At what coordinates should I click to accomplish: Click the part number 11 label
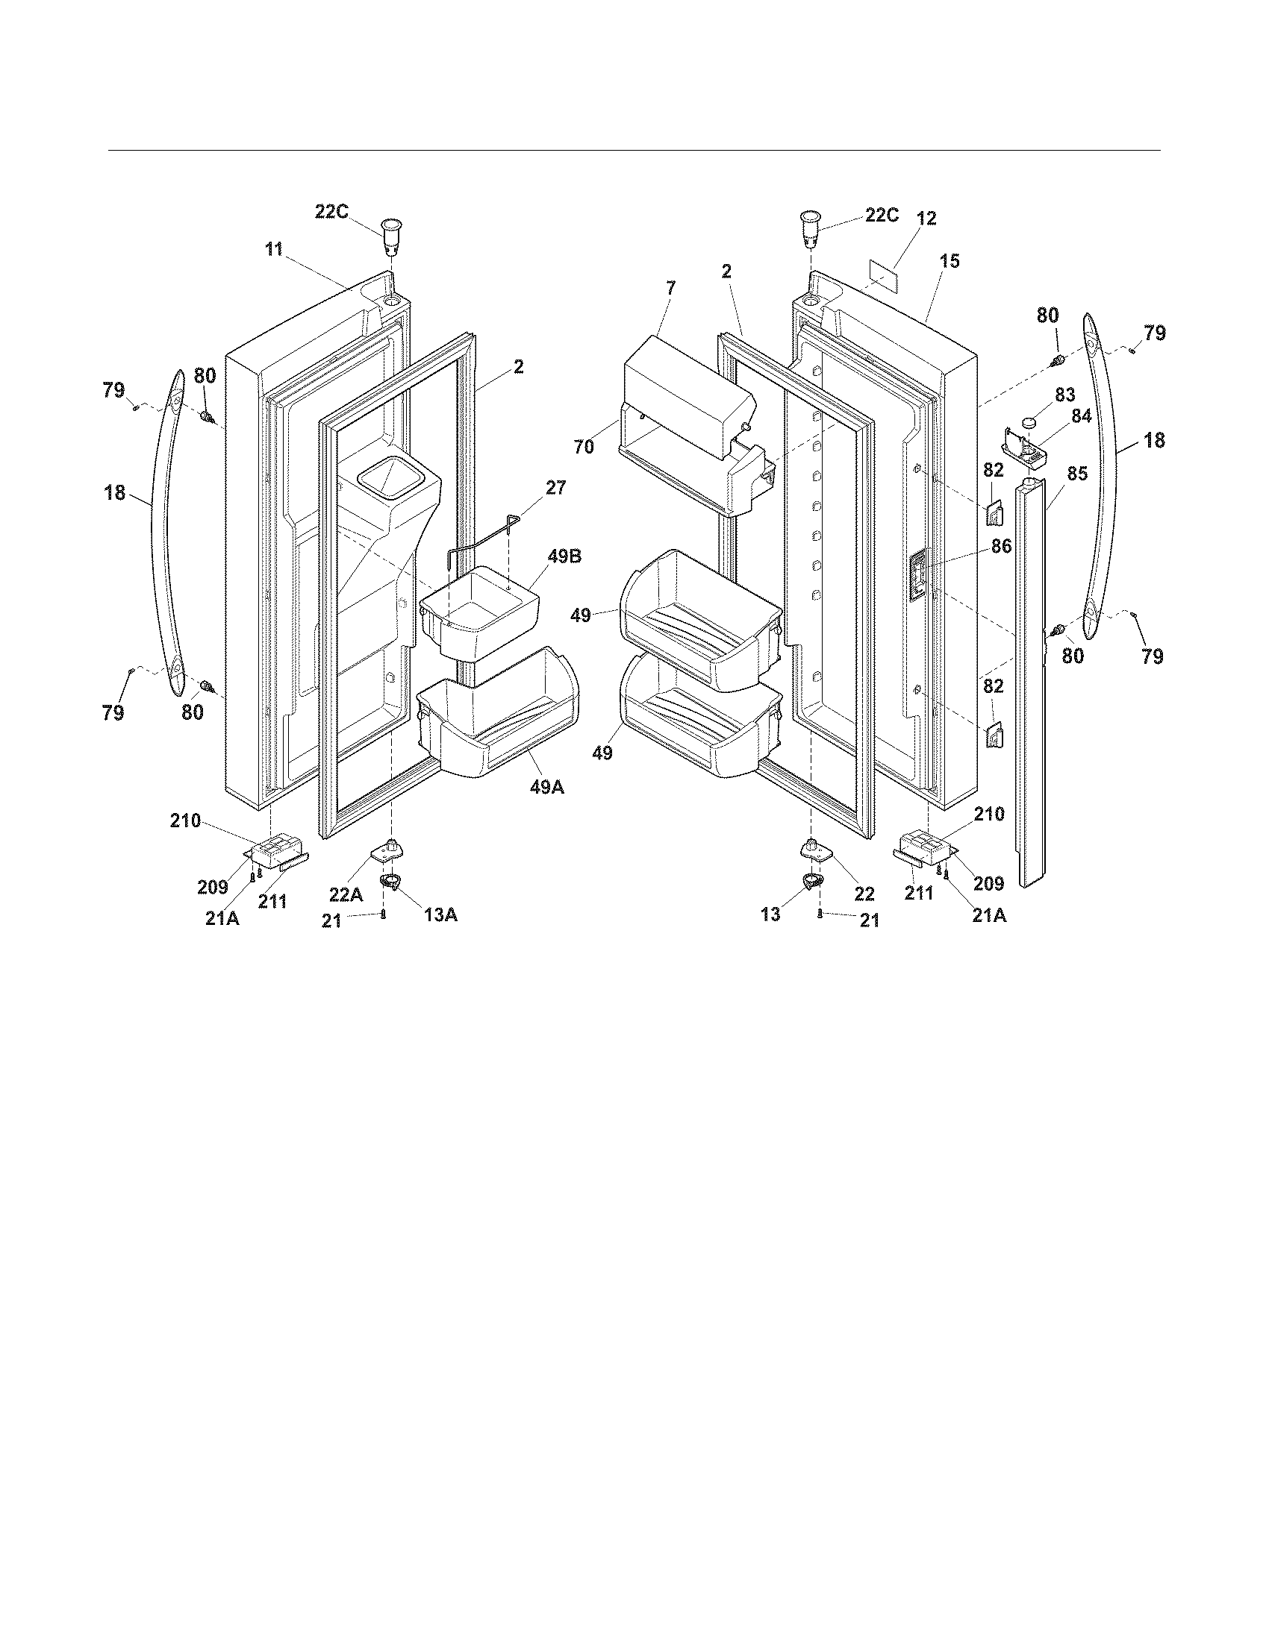[x=274, y=248]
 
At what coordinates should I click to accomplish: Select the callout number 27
[x=555, y=488]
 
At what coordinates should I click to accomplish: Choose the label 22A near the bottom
[x=346, y=894]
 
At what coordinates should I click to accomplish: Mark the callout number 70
[x=584, y=446]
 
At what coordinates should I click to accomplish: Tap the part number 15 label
[x=950, y=261]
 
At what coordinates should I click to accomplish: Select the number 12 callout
[x=927, y=219]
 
